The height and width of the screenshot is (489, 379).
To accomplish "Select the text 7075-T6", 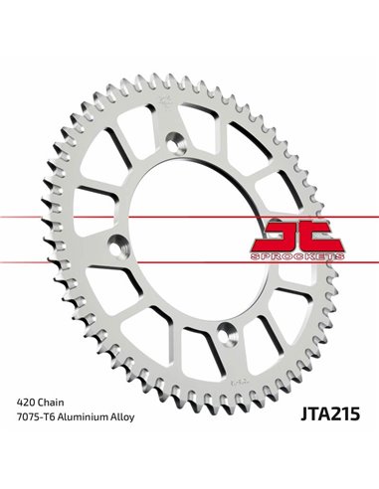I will click(36, 439).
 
